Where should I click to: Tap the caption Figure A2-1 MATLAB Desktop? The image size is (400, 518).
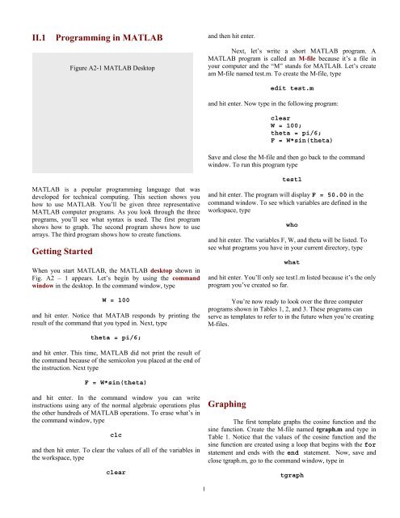[x=112, y=69]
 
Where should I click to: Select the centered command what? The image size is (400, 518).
[x=293, y=263]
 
